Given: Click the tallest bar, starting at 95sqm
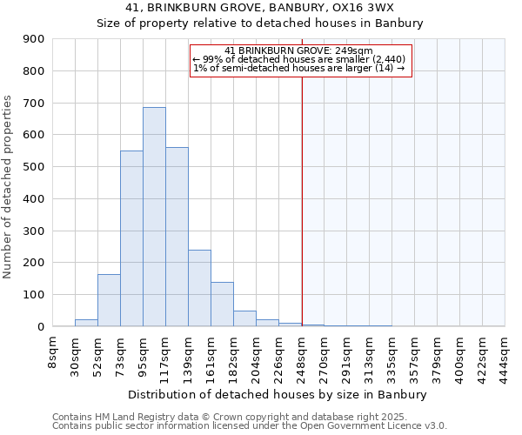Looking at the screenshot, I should (x=154, y=217).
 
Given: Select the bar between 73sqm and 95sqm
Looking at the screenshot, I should (x=131, y=238).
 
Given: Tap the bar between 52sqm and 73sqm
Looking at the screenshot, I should (x=109, y=300).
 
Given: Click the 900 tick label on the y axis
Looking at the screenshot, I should (x=33, y=39).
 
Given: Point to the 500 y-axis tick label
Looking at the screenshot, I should (x=33, y=167).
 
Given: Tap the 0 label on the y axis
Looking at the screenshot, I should (x=40, y=326).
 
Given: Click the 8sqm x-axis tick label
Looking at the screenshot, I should (x=53, y=351).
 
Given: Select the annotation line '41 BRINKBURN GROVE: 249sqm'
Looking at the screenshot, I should (x=298, y=50).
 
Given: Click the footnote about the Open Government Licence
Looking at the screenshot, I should (x=250, y=426).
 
